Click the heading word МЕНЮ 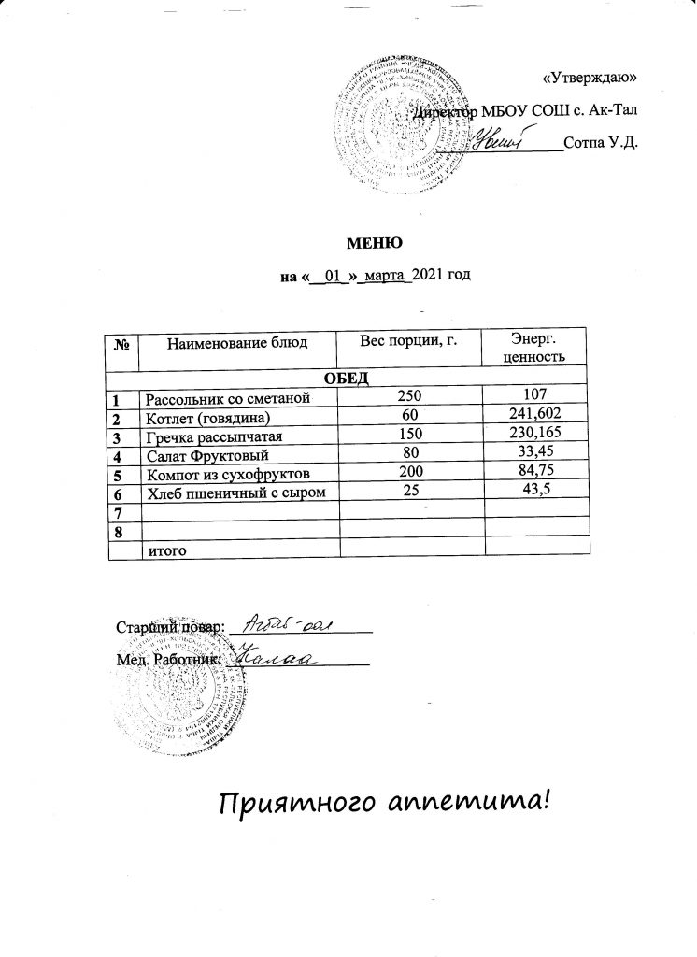pos(375,244)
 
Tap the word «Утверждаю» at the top pos(590,78)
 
